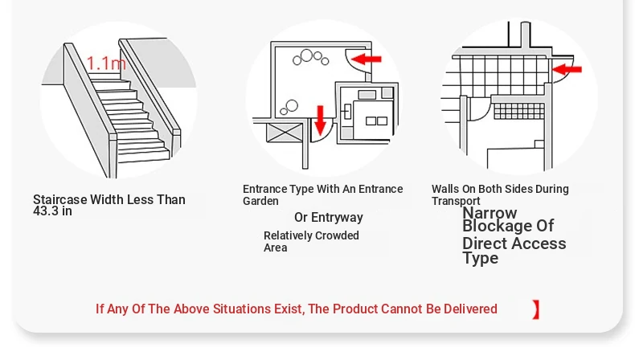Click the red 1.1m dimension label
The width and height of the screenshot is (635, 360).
[x=106, y=63]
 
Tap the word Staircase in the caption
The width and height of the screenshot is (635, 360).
[x=60, y=199]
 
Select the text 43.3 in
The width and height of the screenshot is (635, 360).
[x=52, y=211]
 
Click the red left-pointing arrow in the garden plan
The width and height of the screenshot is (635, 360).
[x=367, y=59]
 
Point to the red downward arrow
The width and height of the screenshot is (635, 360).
[x=321, y=121]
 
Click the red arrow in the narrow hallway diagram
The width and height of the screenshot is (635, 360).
[x=567, y=69]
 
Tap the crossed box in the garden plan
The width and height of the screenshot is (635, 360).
[x=285, y=133]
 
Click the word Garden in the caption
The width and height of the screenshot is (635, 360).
[x=260, y=201]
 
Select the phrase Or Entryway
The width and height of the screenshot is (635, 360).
[x=329, y=218]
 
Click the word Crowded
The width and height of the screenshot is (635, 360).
[x=337, y=235]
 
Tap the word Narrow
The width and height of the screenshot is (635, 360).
[x=490, y=213]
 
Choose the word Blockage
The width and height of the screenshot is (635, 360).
[x=498, y=226]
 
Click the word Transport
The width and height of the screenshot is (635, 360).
[x=456, y=201]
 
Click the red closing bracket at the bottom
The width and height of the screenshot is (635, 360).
[x=536, y=310]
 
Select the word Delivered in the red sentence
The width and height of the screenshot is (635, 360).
[x=470, y=309]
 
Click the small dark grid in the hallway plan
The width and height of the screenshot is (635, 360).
[x=519, y=111]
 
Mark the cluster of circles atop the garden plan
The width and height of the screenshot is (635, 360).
[x=310, y=58]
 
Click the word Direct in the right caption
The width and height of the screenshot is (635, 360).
[x=483, y=243]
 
